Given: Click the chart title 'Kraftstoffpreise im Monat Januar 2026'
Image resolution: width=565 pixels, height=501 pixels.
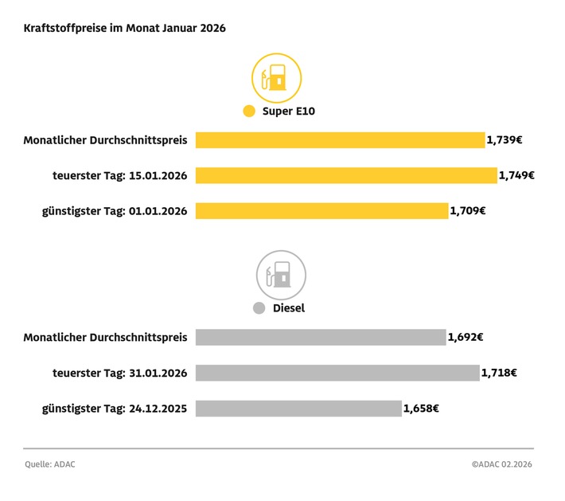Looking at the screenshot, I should click(x=125, y=28).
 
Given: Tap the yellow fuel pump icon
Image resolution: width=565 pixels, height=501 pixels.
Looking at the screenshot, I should click(x=277, y=77).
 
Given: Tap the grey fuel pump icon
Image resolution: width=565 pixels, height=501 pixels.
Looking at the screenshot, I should click(x=281, y=275).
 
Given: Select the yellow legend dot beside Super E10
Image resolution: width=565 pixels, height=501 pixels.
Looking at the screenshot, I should click(x=249, y=112).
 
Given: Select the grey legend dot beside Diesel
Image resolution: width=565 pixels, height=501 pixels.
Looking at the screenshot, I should click(x=259, y=308).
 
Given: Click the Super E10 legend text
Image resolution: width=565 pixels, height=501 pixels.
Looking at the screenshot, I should click(x=289, y=112).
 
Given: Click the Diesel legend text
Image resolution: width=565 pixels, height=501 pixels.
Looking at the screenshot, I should click(x=290, y=308).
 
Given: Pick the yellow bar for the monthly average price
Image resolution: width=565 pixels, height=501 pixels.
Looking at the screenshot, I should click(x=340, y=140).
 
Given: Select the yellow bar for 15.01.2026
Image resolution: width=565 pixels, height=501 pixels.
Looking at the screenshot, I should click(x=346, y=175).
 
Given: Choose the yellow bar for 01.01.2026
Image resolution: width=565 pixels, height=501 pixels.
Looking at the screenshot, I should click(x=321, y=211).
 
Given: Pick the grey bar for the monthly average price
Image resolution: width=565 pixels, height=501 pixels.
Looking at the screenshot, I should click(x=321, y=337).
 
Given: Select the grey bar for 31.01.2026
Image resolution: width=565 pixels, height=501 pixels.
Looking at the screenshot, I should click(x=337, y=373).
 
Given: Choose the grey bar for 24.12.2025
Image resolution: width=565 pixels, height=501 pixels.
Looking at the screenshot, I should click(x=298, y=409).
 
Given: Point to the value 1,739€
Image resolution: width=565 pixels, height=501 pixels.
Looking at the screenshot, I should click(x=505, y=140).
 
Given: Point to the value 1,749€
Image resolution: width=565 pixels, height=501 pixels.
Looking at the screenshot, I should click(x=516, y=175).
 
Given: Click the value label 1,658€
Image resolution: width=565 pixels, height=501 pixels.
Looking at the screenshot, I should click(x=421, y=409).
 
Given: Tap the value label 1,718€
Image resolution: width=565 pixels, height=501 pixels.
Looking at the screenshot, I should click(x=499, y=373).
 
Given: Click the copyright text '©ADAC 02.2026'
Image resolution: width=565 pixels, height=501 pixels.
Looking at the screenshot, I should click(x=502, y=464).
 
